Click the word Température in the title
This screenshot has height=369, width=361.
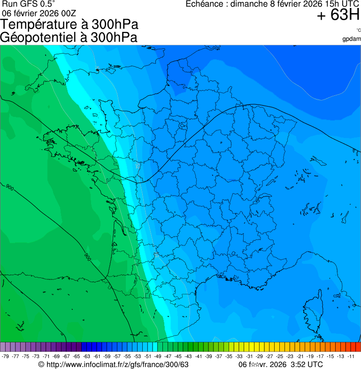[43, 24]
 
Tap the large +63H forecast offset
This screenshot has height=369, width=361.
[338, 16]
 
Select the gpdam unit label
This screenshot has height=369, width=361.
[352, 39]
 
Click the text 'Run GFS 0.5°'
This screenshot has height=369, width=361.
[29, 4]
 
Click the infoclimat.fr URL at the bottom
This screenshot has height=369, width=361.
[117, 365]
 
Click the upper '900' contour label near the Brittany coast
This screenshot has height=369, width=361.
[10, 188]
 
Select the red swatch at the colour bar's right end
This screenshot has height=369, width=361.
[358, 347]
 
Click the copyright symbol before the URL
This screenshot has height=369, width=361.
[41, 365]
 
